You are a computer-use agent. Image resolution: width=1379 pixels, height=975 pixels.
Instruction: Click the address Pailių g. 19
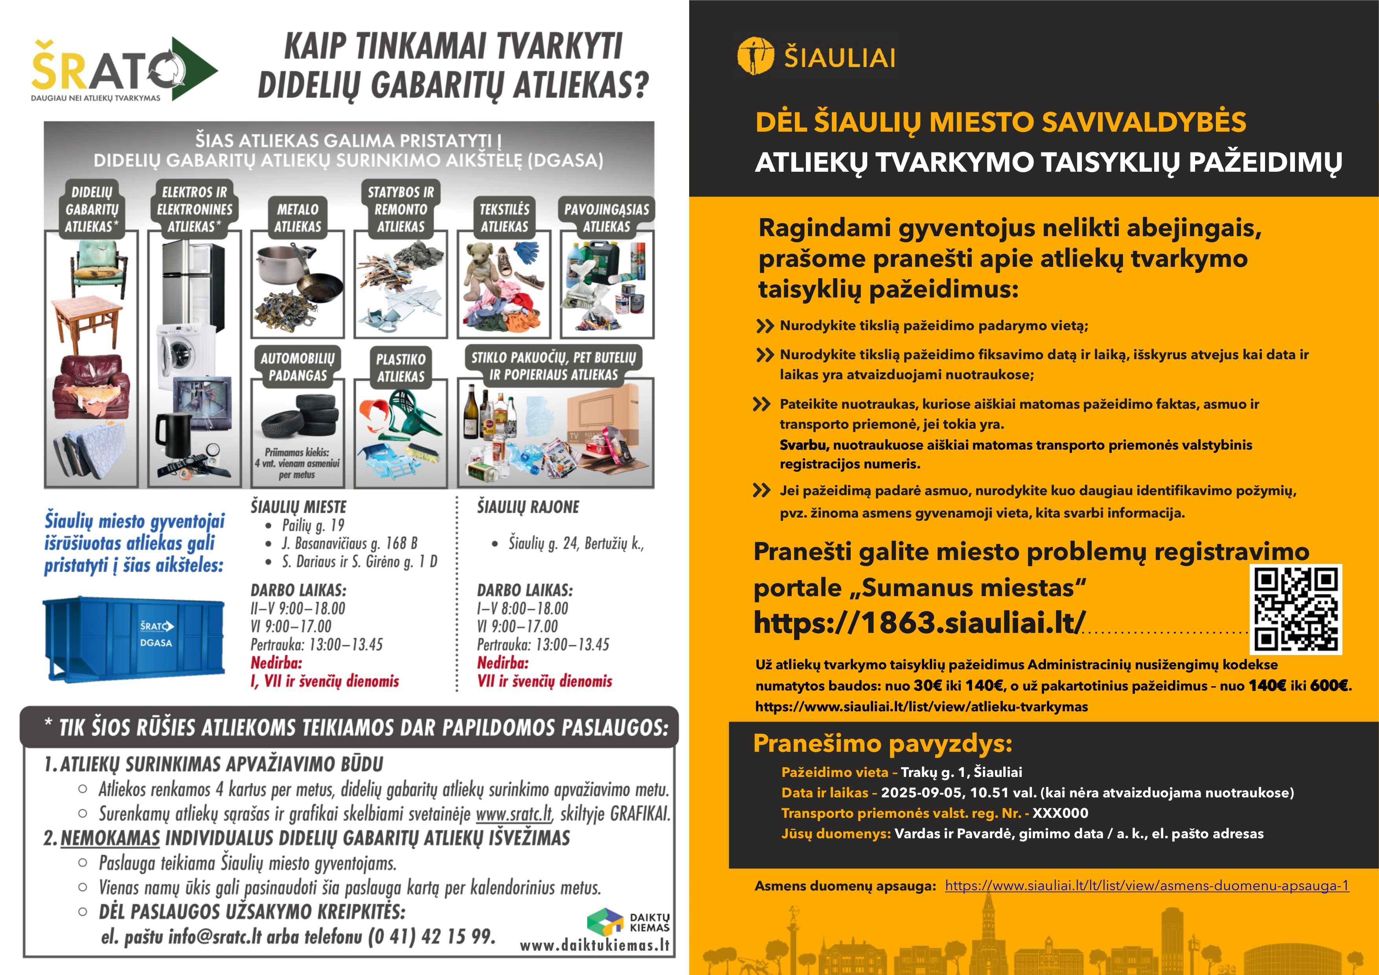click(313, 525)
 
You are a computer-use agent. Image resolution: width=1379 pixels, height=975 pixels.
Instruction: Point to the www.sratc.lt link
click(514, 814)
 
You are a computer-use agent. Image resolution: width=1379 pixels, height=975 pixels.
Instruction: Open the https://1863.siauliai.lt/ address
click(919, 622)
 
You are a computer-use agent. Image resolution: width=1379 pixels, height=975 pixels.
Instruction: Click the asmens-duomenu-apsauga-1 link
click(1147, 885)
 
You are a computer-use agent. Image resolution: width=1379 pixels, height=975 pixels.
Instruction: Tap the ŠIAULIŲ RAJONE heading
click(528, 507)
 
